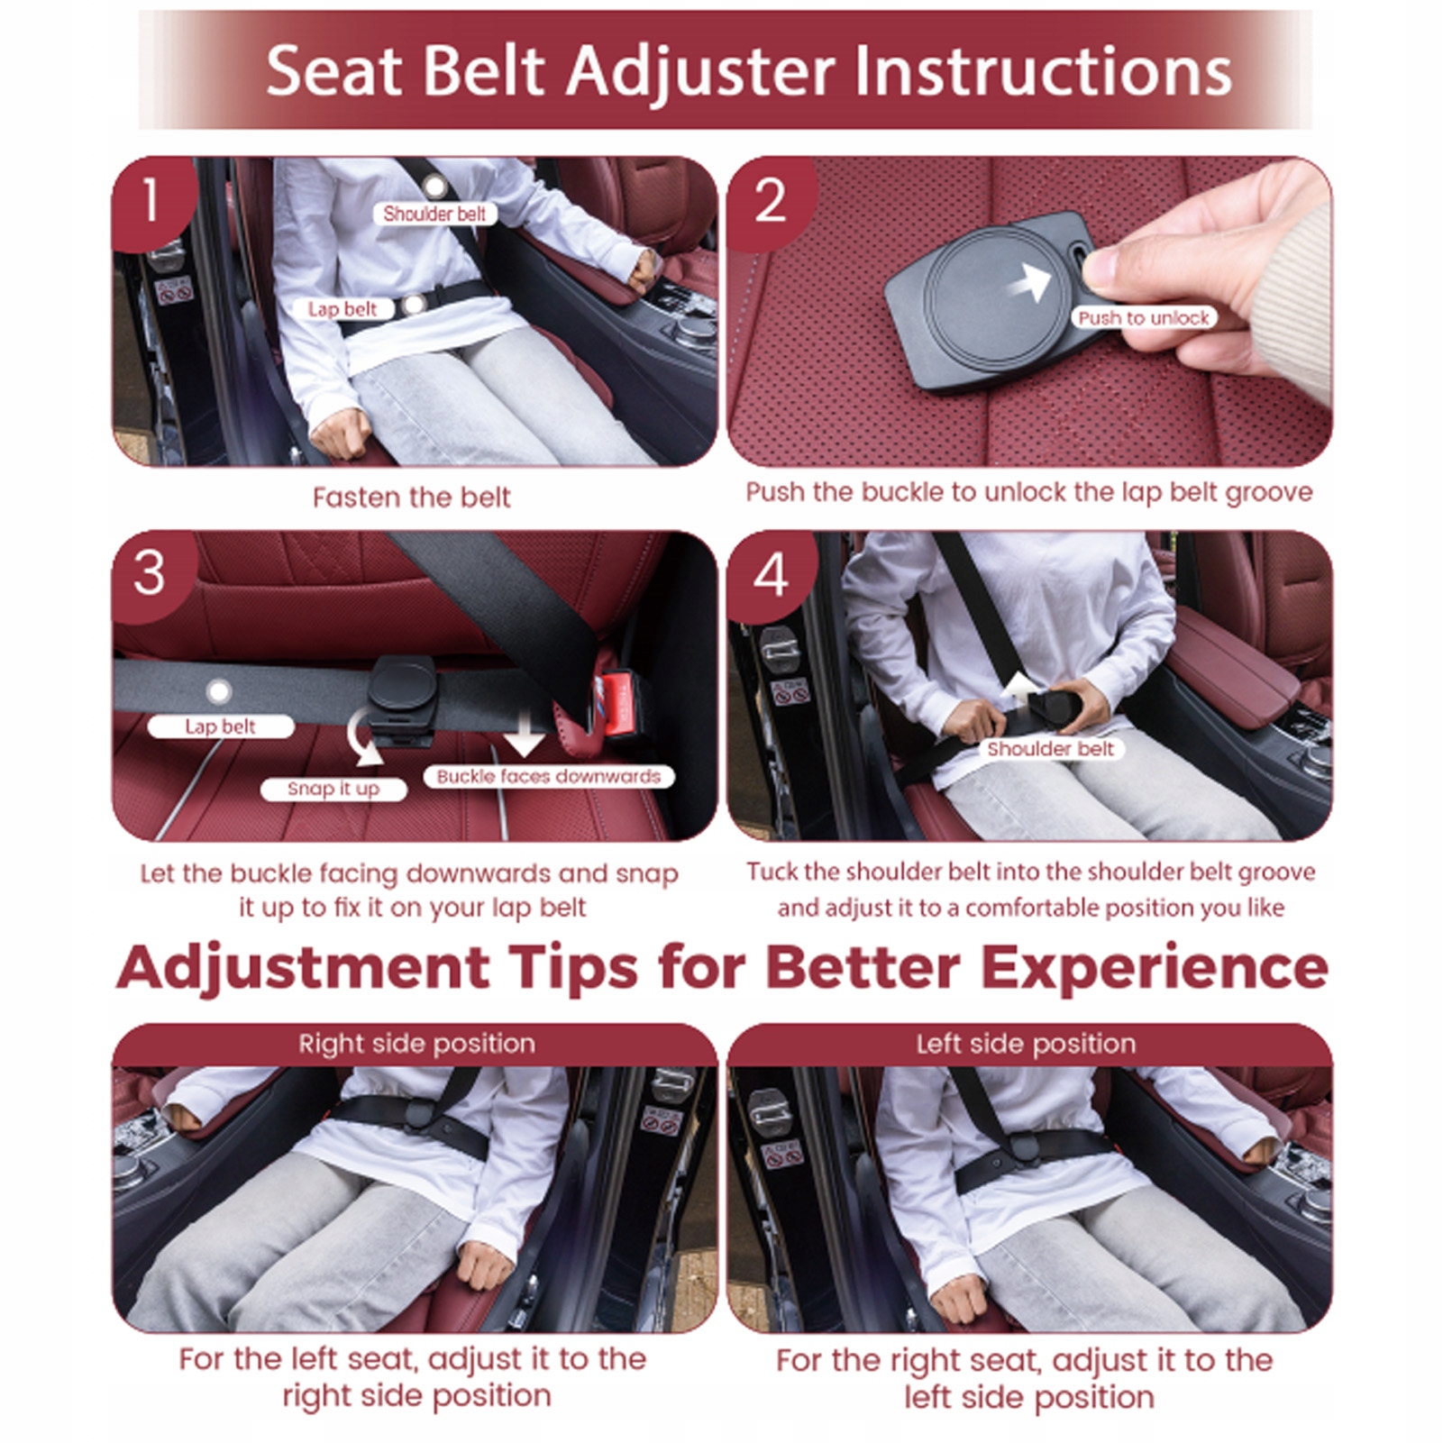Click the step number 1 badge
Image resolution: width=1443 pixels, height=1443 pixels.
(150, 200)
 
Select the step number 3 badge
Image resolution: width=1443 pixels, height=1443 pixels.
(150, 573)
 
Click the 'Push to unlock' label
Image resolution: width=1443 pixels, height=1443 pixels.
(1144, 317)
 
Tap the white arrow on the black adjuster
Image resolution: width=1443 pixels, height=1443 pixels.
(1029, 279)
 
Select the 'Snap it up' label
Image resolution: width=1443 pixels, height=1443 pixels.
(333, 789)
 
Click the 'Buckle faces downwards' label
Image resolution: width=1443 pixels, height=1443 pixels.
(548, 776)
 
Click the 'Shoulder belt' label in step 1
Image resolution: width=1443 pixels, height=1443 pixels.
(434, 214)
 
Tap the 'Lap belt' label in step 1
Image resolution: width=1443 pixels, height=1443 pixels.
(342, 309)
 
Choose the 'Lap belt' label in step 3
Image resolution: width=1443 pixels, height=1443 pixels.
(221, 726)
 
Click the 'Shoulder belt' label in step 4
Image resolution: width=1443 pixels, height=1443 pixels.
(1050, 749)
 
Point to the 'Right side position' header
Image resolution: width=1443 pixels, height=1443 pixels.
(416, 1044)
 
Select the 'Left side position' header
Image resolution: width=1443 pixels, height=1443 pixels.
(1026, 1044)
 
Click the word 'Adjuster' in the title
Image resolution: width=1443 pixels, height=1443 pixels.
(702, 72)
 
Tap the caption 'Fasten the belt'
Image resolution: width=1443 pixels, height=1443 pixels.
(411, 497)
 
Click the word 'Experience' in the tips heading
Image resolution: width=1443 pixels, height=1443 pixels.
(1155, 969)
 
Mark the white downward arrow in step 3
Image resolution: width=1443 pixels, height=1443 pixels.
(524, 729)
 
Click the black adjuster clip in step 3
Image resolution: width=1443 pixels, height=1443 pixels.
(400, 698)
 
